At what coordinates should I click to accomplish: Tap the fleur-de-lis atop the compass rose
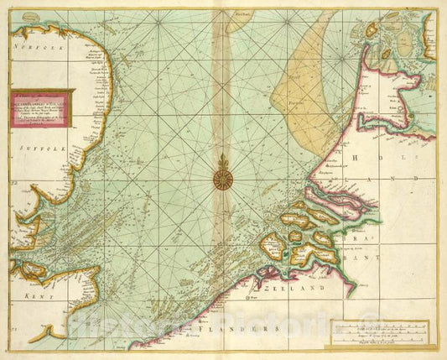point(224,159)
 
